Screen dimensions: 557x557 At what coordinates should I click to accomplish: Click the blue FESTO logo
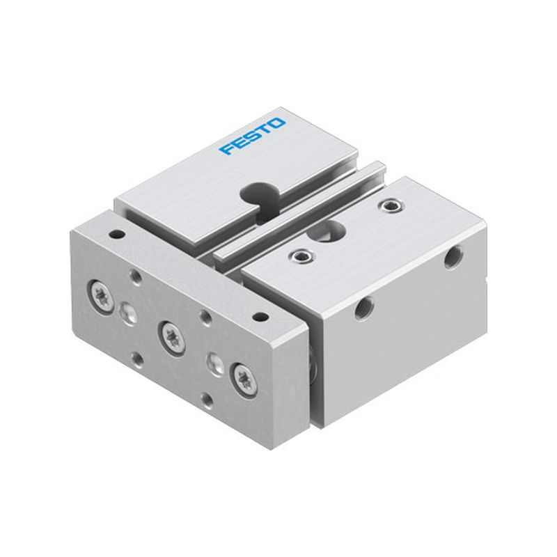click(x=252, y=136)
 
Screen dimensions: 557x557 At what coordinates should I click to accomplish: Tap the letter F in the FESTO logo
click(x=226, y=148)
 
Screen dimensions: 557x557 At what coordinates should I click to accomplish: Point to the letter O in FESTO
click(x=277, y=123)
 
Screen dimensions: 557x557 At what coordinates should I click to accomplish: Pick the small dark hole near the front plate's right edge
click(x=260, y=316)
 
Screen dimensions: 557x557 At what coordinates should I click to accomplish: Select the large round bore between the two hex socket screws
click(x=326, y=232)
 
